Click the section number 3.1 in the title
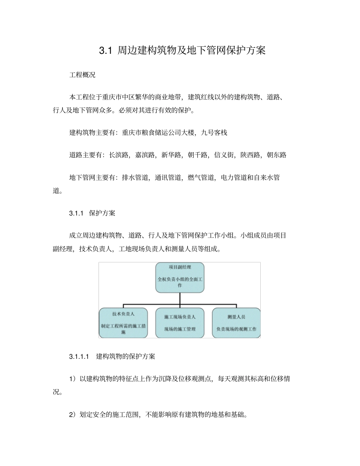(x=105, y=51)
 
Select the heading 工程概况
(x=82, y=75)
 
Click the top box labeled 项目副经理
(x=180, y=277)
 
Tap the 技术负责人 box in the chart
(x=123, y=322)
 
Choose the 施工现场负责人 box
(x=180, y=322)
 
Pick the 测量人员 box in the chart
(x=236, y=322)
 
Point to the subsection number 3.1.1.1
(x=79, y=357)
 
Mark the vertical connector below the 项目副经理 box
(x=180, y=299)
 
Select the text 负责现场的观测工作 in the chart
(x=236, y=329)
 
